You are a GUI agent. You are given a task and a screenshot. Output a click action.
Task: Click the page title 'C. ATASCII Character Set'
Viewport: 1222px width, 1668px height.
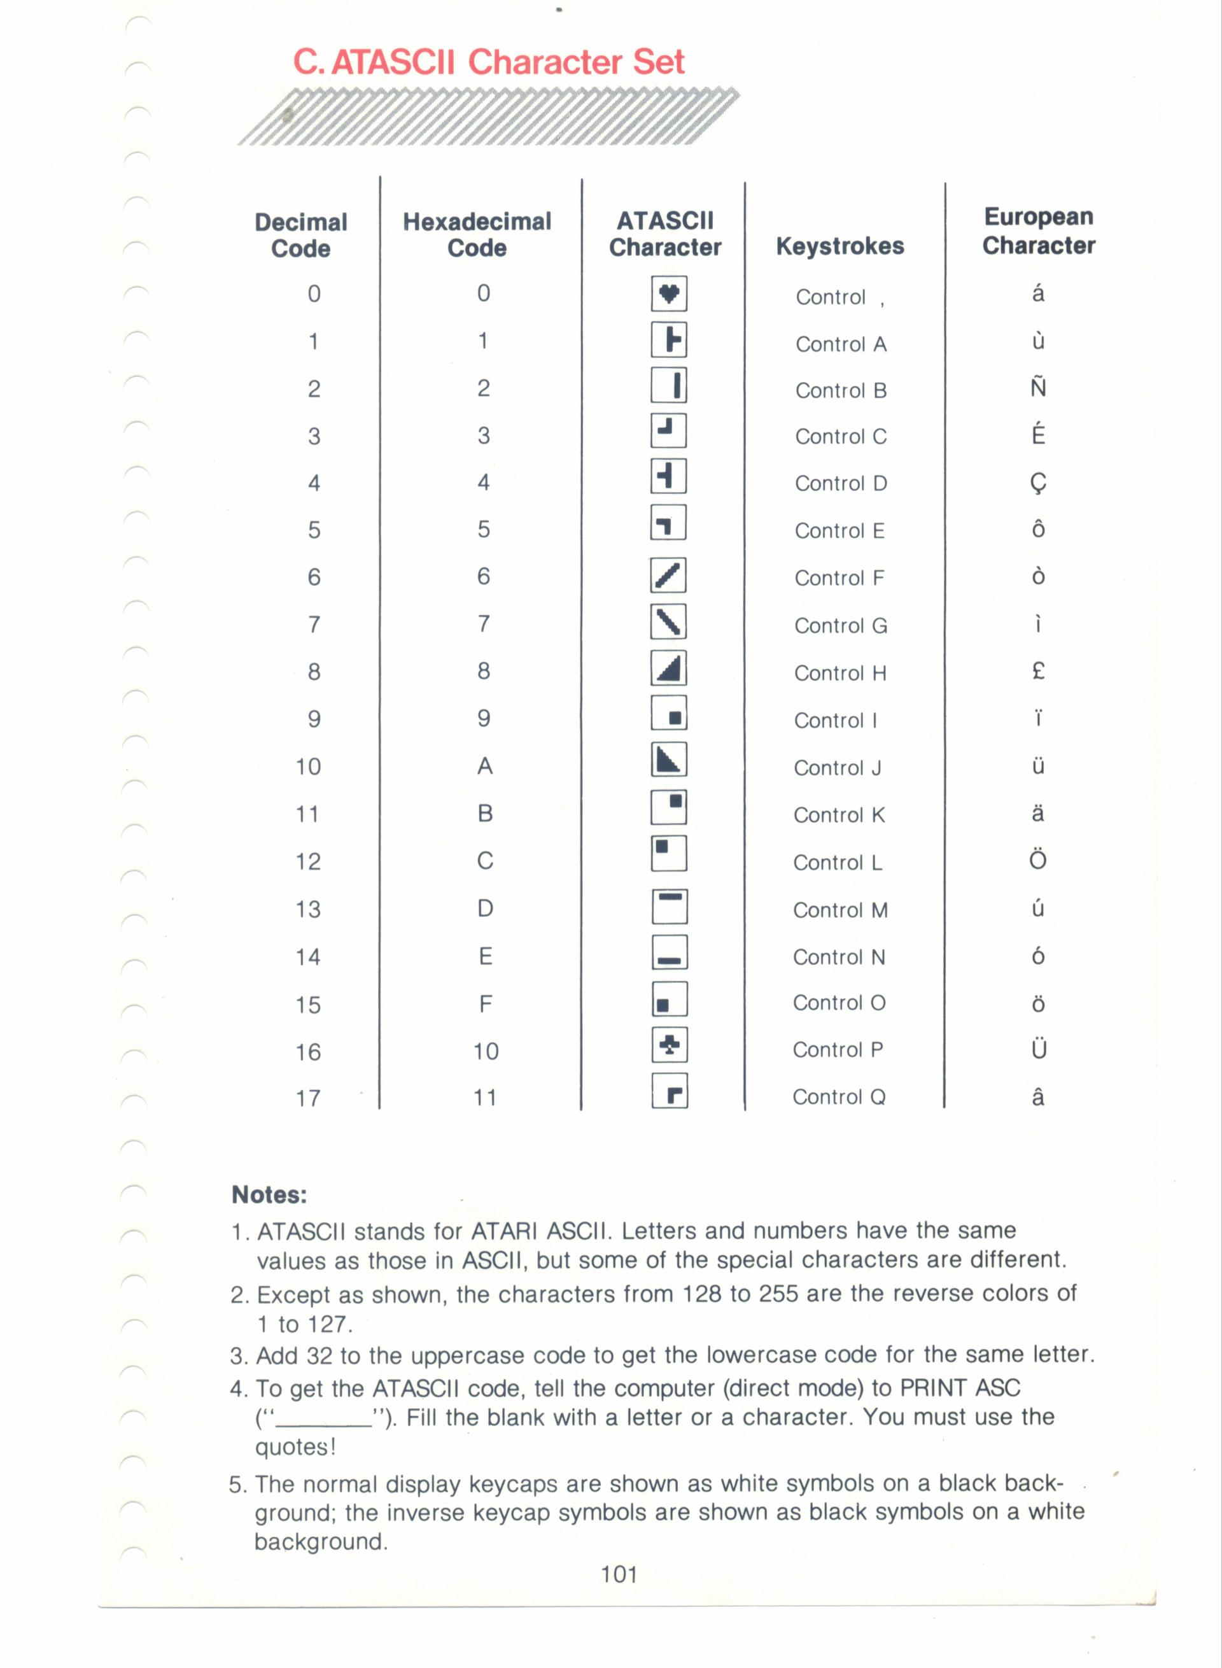point(488,62)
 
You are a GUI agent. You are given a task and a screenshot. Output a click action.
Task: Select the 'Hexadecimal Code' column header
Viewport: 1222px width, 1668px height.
point(477,234)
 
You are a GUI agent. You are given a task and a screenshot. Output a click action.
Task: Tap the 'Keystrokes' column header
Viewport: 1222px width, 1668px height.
point(839,246)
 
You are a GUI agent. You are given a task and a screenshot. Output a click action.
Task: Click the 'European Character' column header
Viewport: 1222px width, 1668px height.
point(1039,231)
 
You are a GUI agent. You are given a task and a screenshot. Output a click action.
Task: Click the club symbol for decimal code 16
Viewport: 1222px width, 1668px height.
point(670,1045)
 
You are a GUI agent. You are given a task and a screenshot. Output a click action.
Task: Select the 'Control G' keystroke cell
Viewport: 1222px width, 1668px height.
point(840,626)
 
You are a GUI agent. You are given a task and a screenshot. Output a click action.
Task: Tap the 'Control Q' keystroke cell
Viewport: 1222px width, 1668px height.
point(839,1097)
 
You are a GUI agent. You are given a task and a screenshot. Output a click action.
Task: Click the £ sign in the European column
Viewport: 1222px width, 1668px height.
point(1038,671)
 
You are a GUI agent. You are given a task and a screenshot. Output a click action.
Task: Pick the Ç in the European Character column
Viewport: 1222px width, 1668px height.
point(1038,483)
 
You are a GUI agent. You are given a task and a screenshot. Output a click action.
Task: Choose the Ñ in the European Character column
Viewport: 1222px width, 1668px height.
point(1038,387)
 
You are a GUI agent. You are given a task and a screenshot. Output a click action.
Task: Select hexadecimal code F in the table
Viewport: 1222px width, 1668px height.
point(485,1003)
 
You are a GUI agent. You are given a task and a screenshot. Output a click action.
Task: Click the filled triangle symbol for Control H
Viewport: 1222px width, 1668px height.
point(669,669)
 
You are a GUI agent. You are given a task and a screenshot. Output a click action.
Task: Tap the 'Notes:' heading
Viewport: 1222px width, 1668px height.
point(269,1194)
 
